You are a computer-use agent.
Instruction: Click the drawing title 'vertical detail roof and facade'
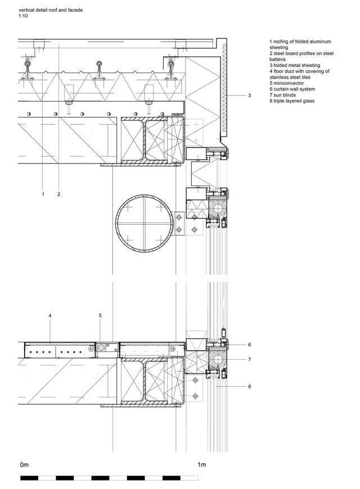pyautogui.click(x=51, y=10)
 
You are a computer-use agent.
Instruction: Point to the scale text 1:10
pyautogui.click(x=23, y=16)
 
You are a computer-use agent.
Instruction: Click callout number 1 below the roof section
pyautogui.click(x=43, y=194)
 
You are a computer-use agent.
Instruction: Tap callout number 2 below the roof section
pyautogui.click(x=58, y=194)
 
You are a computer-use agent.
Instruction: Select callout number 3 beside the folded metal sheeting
pyautogui.click(x=250, y=96)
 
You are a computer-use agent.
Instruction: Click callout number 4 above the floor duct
pyautogui.click(x=50, y=316)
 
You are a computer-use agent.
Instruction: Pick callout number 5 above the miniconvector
pyautogui.click(x=100, y=316)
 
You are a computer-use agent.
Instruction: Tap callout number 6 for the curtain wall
pyautogui.click(x=250, y=345)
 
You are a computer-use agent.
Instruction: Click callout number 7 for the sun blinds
pyautogui.click(x=250, y=359)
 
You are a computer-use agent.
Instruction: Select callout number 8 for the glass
pyautogui.click(x=250, y=386)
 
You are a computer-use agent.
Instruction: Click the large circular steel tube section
pyautogui.click(x=116, y=223)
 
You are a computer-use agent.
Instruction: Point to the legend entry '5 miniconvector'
pyautogui.click(x=287, y=83)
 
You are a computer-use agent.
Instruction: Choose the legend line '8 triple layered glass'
pyautogui.click(x=292, y=101)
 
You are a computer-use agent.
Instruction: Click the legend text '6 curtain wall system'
pyautogui.click(x=292, y=89)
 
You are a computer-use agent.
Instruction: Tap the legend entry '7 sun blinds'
pyautogui.click(x=282, y=95)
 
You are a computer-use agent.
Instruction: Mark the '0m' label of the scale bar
pyautogui.click(x=24, y=465)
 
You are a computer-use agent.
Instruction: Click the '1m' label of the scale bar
pyautogui.click(x=202, y=465)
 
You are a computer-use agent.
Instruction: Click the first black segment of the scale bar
pyautogui.click(x=29, y=478)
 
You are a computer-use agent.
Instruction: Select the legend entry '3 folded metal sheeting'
pyautogui.click(x=295, y=65)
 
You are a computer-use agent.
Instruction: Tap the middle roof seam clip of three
pyautogui.click(x=100, y=70)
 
